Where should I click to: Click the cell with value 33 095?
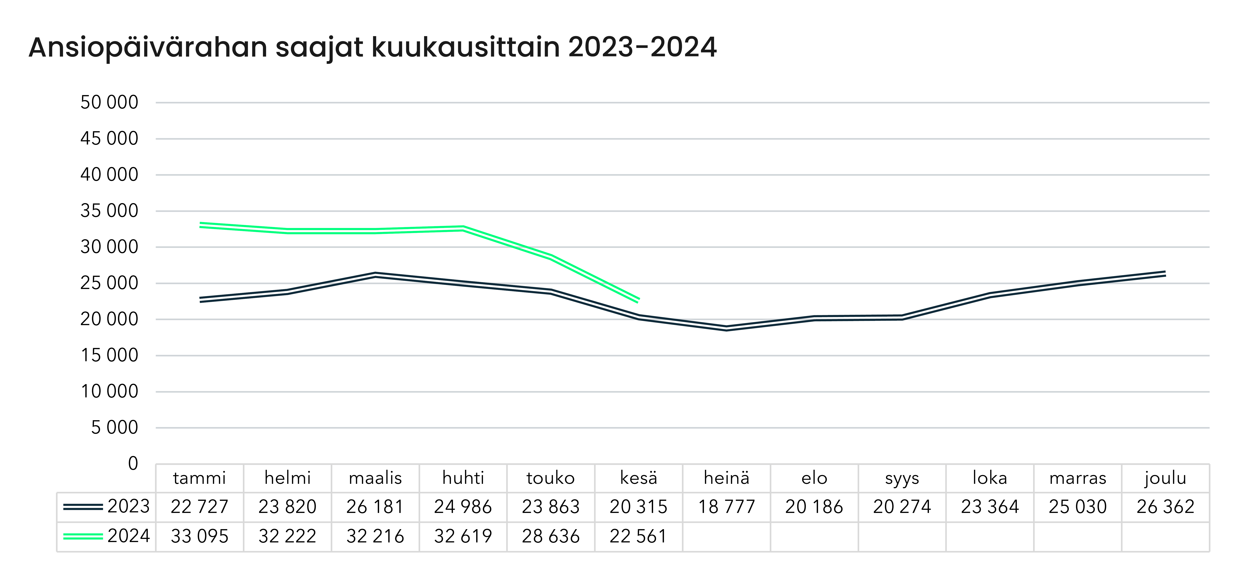pos(199,536)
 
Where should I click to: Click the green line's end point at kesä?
pos(639,300)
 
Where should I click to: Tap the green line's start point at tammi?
pos(200,225)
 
